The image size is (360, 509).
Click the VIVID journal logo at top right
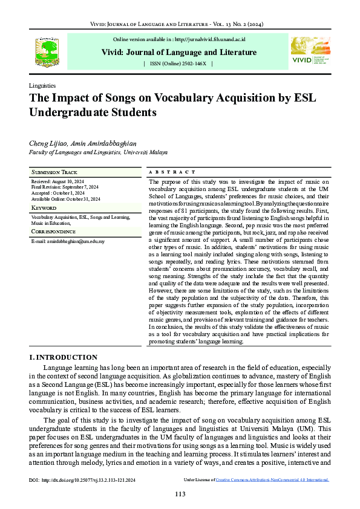tap(310, 51)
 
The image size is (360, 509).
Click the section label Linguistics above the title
tap(42, 86)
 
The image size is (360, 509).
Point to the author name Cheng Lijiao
tap(48, 143)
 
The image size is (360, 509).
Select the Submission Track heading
tap(56, 172)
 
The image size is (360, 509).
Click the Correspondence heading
tap(56, 232)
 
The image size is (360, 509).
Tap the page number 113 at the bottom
tap(180, 494)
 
